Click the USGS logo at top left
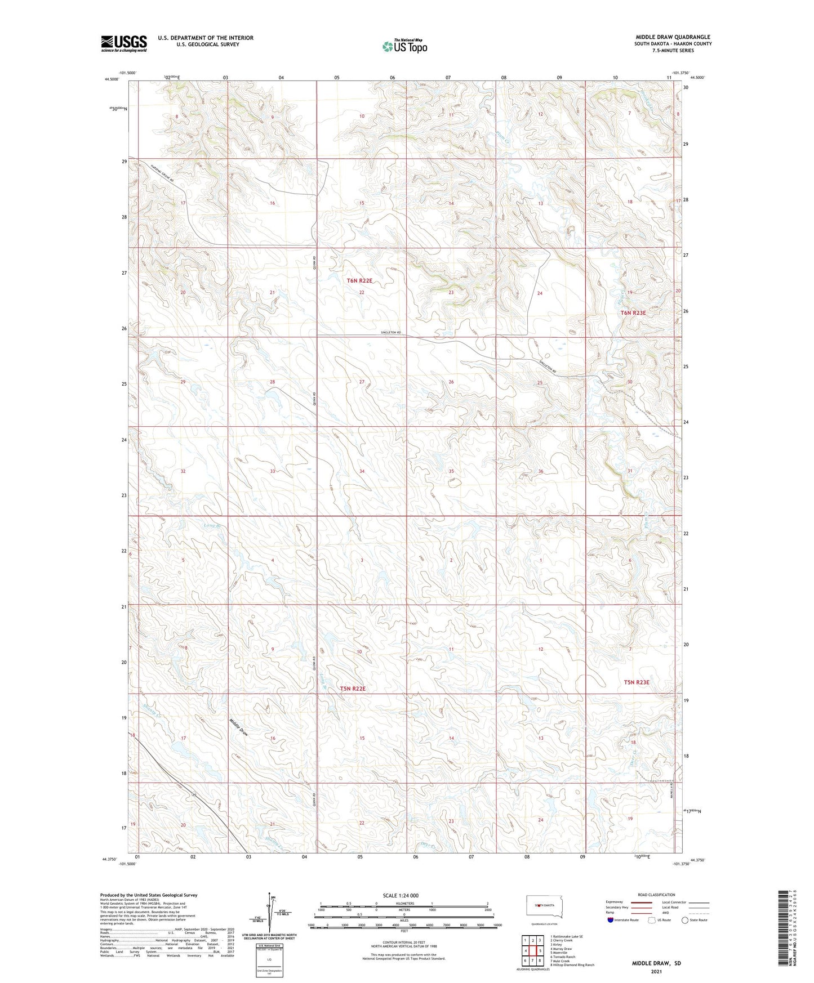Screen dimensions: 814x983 (x=124, y=43)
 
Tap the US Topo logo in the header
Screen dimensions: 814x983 (x=404, y=46)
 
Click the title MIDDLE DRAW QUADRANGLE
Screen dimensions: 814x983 (x=673, y=37)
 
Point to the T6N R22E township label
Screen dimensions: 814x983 (x=359, y=280)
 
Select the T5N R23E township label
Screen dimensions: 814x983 (x=637, y=682)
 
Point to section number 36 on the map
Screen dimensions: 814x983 (x=541, y=471)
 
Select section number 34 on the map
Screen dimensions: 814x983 (x=362, y=471)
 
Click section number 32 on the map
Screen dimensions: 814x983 (x=183, y=471)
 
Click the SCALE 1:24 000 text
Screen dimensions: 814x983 (x=401, y=895)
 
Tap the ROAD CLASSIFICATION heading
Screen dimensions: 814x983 (x=656, y=895)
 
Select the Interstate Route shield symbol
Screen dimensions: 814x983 (x=611, y=920)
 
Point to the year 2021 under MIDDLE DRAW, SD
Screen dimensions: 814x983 (x=656, y=972)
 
